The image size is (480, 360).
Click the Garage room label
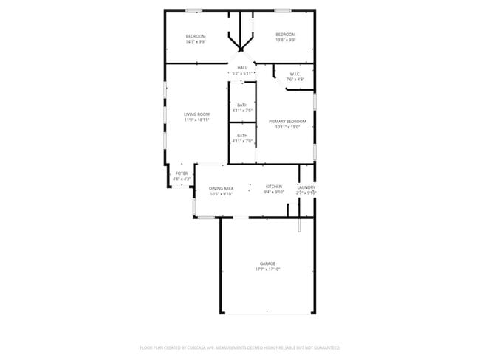tap(267, 263)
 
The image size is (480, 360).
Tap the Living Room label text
tap(196, 114)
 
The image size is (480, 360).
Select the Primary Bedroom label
tap(287, 121)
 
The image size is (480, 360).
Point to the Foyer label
tap(181, 173)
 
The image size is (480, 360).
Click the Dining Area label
tap(221, 188)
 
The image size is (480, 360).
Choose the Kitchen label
tap(274, 187)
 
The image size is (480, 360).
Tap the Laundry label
tap(306, 187)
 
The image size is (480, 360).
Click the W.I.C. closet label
tap(294, 74)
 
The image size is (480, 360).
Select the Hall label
tap(242, 68)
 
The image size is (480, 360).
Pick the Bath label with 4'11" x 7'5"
tap(242, 105)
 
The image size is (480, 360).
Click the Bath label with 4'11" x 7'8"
tap(242, 136)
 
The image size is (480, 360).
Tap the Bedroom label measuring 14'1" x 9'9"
tap(195, 36)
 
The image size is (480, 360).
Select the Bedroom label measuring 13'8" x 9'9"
tap(286, 35)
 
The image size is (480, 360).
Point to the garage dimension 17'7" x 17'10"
tap(267, 269)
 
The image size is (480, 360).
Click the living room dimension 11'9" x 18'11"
tap(196, 120)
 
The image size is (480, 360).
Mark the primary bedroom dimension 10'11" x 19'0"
tap(287, 127)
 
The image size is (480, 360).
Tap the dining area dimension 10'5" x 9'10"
tap(221, 194)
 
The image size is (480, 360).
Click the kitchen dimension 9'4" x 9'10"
tap(274, 193)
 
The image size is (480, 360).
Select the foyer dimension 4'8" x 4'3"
tap(181, 179)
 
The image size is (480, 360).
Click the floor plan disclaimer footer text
tap(240, 347)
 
